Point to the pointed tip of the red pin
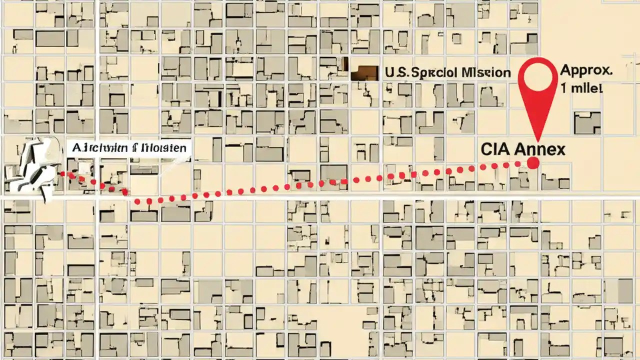538,140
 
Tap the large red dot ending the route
533,162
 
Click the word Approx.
586,70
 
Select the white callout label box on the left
128,148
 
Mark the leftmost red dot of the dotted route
63,174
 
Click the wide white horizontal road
320,198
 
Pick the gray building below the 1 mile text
587,122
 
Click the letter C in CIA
486,149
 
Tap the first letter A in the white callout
77,148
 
